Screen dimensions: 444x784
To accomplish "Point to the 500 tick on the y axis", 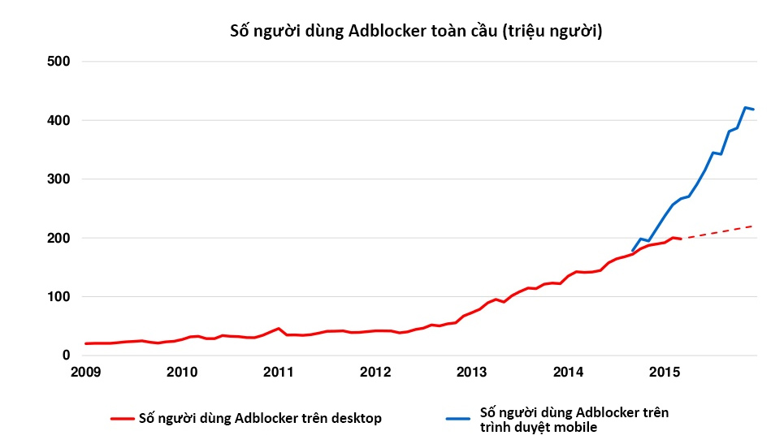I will point(59,62).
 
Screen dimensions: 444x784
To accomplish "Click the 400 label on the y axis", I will point(59,120).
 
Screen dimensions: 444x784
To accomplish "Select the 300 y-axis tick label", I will point(59,179).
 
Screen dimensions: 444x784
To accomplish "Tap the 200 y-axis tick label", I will point(59,238).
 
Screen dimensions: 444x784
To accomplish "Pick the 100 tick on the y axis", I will point(59,297).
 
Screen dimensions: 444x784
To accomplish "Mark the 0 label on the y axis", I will point(67,356).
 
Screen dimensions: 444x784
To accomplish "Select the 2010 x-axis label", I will point(182,372).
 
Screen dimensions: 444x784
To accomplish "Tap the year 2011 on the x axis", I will point(279,372).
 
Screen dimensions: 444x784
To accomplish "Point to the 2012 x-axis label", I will point(375,372).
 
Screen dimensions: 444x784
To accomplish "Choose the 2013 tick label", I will point(472,372).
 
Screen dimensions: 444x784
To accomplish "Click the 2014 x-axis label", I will point(569,372).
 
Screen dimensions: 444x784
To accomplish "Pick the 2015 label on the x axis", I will point(665,372).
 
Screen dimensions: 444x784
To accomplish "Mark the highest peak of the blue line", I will point(745,107).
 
